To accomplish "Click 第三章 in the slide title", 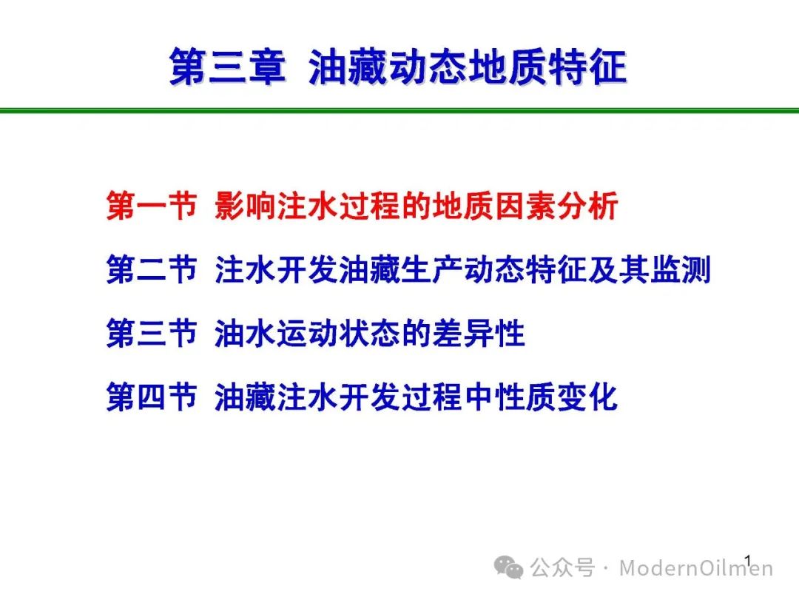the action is point(227,67).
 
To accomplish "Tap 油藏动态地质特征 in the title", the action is point(468,67).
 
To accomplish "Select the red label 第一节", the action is point(152,206).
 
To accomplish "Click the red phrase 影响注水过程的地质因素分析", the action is point(417,206).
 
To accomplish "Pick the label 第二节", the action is point(152,269).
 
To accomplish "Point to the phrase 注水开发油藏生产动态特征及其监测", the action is point(462,269).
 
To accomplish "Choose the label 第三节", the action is point(152,334).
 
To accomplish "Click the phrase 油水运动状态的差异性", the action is point(369,334).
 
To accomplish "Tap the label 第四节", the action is point(152,397).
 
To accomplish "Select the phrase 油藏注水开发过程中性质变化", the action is point(417,397).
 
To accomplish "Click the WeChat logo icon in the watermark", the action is point(508,567).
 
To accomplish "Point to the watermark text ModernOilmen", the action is point(696,568).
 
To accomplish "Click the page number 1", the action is point(748,562).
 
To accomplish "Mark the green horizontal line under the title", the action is point(399,110).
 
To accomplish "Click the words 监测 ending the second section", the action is point(681,269).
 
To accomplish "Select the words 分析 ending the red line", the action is point(588,206).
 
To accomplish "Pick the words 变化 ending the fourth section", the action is point(588,397).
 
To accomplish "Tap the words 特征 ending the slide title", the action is point(587,67).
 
